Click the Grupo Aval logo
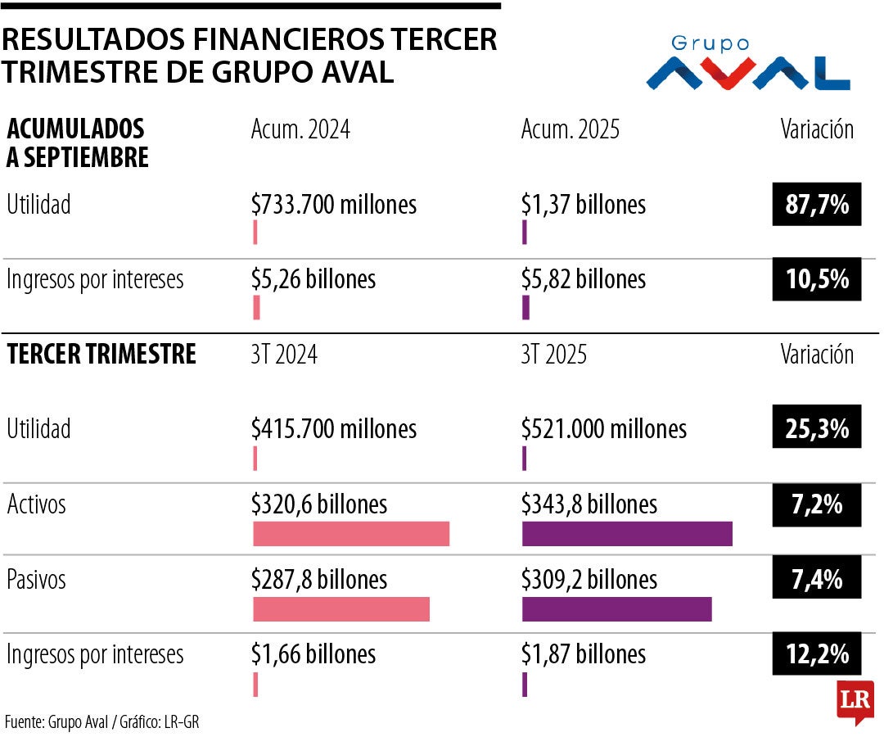pyautogui.click(x=747, y=64)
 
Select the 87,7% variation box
pyautogui.click(x=817, y=204)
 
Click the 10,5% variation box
pyautogui.click(x=817, y=279)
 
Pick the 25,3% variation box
pyautogui.click(x=817, y=428)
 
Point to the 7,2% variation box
pyautogui.click(x=817, y=504)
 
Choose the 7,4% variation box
pyautogui.click(x=817, y=580)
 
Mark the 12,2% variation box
pyautogui.click(x=817, y=654)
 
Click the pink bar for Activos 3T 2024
pyautogui.click(x=351, y=533)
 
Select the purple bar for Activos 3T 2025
pyautogui.click(x=627, y=533)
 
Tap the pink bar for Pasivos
pyautogui.click(x=341, y=609)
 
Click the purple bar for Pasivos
pyautogui.click(x=616, y=609)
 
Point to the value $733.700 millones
pyautogui.click(x=334, y=204)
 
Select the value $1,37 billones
pyautogui.click(x=583, y=204)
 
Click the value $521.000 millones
pyautogui.click(x=604, y=428)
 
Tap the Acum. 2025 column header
pyautogui.click(x=571, y=129)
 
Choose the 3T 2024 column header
pyautogui.click(x=284, y=354)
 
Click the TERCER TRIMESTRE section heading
pyautogui.click(x=101, y=354)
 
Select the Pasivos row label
pyautogui.click(x=36, y=580)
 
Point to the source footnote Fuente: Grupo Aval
pyautogui.click(x=102, y=722)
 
